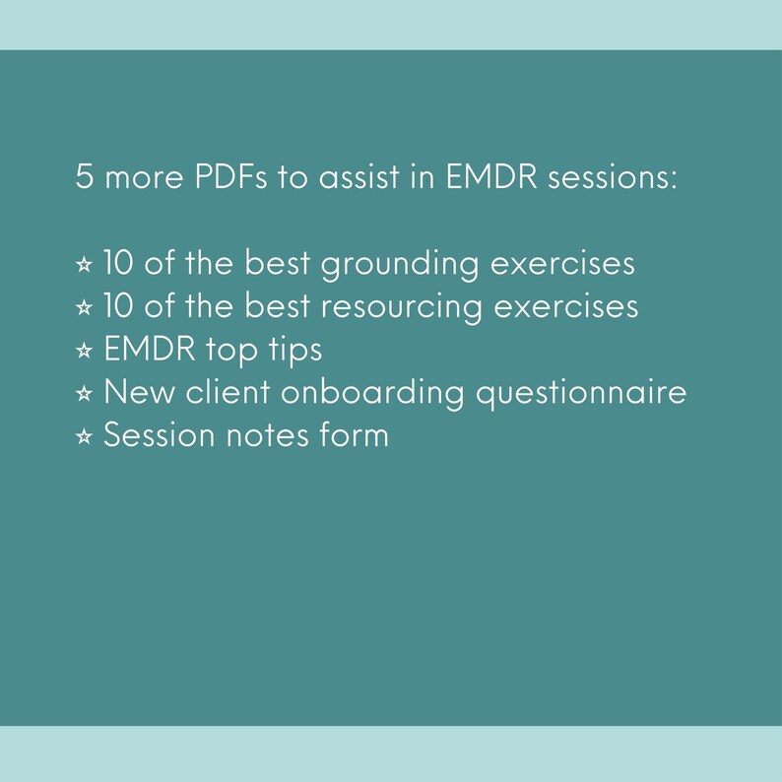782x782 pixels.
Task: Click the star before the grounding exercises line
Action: point(84,266)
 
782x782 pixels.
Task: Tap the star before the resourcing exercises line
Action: point(84,308)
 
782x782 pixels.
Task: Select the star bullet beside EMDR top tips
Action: point(84,351)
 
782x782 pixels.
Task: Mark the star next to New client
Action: point(84,393)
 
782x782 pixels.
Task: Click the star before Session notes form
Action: point(84,435)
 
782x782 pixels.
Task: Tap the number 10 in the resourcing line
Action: point(119,307)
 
